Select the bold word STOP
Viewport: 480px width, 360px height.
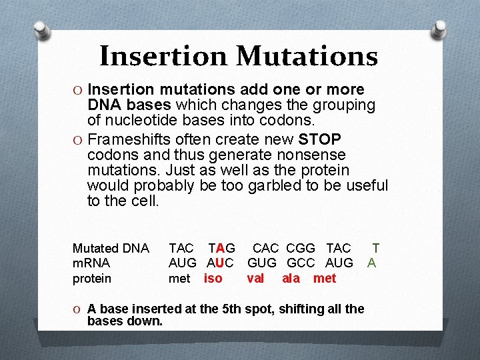pyautogui.click(x=320, y=139)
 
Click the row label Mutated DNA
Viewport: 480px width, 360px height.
pyautogui.click(x=111, y=249)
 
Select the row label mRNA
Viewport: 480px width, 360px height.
pyautogui.click(x=91, y=263)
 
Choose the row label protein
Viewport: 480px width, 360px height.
pyautogui.click(x=92, y=278)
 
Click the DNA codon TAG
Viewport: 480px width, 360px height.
pyautogui.click(x=221, y=249)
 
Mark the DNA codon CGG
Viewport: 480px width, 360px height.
pyautogui.click(x=301, y=249)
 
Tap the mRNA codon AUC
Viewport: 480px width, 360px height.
pyautogui.click(x=220, y=263)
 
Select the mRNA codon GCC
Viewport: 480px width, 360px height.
pyautogui.click(x=301, y=263)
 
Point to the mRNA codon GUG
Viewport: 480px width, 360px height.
pyautogui.click(x=262, y=263)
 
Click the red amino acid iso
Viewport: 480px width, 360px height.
pyautogui.click(x=213, y=278)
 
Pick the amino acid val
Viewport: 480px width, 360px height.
pyautogui.click(x=255, y=278)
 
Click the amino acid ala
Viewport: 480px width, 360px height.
pyautogui.click(x=291, y=278)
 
